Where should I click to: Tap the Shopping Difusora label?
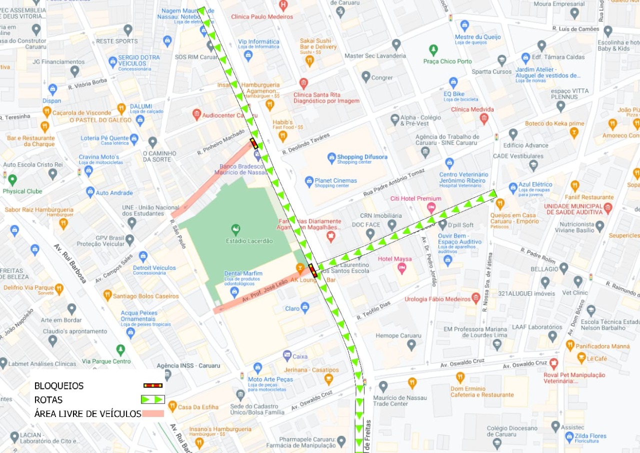pos(362,157)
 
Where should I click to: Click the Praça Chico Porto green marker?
pos(433,50)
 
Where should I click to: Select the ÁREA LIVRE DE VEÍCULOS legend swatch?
pos(153,413)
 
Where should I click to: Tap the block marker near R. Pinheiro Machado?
pos(254,144)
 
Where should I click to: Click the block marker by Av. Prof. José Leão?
pos(313,271)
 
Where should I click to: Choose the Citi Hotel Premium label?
pos(415,199)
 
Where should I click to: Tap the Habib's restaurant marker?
pos(283,136)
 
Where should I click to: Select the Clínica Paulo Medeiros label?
pos(262,17)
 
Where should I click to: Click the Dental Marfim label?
pos(243,273)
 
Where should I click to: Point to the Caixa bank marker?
pos(287,355)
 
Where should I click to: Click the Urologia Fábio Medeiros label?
pos(437,299)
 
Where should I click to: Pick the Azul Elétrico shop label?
pos(535,185)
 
